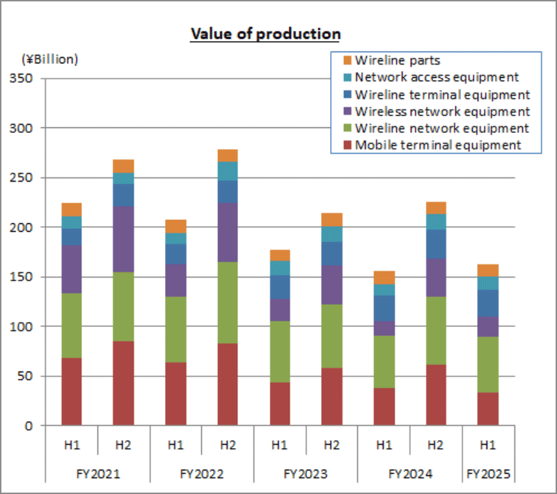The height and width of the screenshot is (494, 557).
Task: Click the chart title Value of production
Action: pyautogui.click(x=265, y=33)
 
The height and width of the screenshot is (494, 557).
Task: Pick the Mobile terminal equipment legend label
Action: pyautogui.click(x=437, y=145)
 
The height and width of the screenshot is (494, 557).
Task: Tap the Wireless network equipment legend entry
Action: pyautogui.click(x=442, y=111)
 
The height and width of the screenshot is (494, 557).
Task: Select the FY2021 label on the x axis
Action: pyautogui.click(x=98, y=475)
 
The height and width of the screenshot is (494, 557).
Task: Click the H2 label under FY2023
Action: pyautogui.click(x=331, y=445)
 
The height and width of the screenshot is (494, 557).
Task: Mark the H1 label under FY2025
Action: pyautogui.click(x=487, y=445)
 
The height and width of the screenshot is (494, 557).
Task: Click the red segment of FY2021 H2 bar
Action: pyautogui.click(x=123, y=383)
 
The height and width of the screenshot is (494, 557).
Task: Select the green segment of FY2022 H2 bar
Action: pyautogui.click(x=228, y=303)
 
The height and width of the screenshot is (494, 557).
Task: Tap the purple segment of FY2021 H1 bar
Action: pyautogui.click(x=72, y=269)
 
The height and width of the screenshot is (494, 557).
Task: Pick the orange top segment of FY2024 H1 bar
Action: pyautogui.click(x=384, y=278)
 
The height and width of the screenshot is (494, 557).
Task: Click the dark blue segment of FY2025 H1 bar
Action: pyautogui.click(x=487, y=303)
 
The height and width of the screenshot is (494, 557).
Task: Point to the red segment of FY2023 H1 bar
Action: pyautogui.click(x=279, y=404)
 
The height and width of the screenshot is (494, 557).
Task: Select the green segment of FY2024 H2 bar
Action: pyautogui.click(x=435, y=330)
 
